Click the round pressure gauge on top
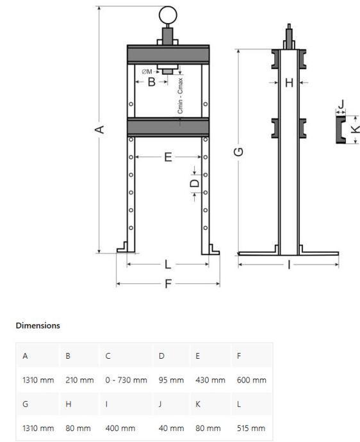[x=168, y=15]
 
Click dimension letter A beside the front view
[x=99, y=129]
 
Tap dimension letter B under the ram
[x=152, y=82]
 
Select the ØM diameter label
[x=147, y=72]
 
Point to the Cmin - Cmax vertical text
[x=180, y=95]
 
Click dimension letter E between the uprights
[x=168, y=157]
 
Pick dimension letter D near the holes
[x=195, y=183]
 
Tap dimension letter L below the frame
[x=168, y=265]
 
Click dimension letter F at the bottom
[x=168, y=284]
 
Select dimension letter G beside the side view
[x=238, y=152]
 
